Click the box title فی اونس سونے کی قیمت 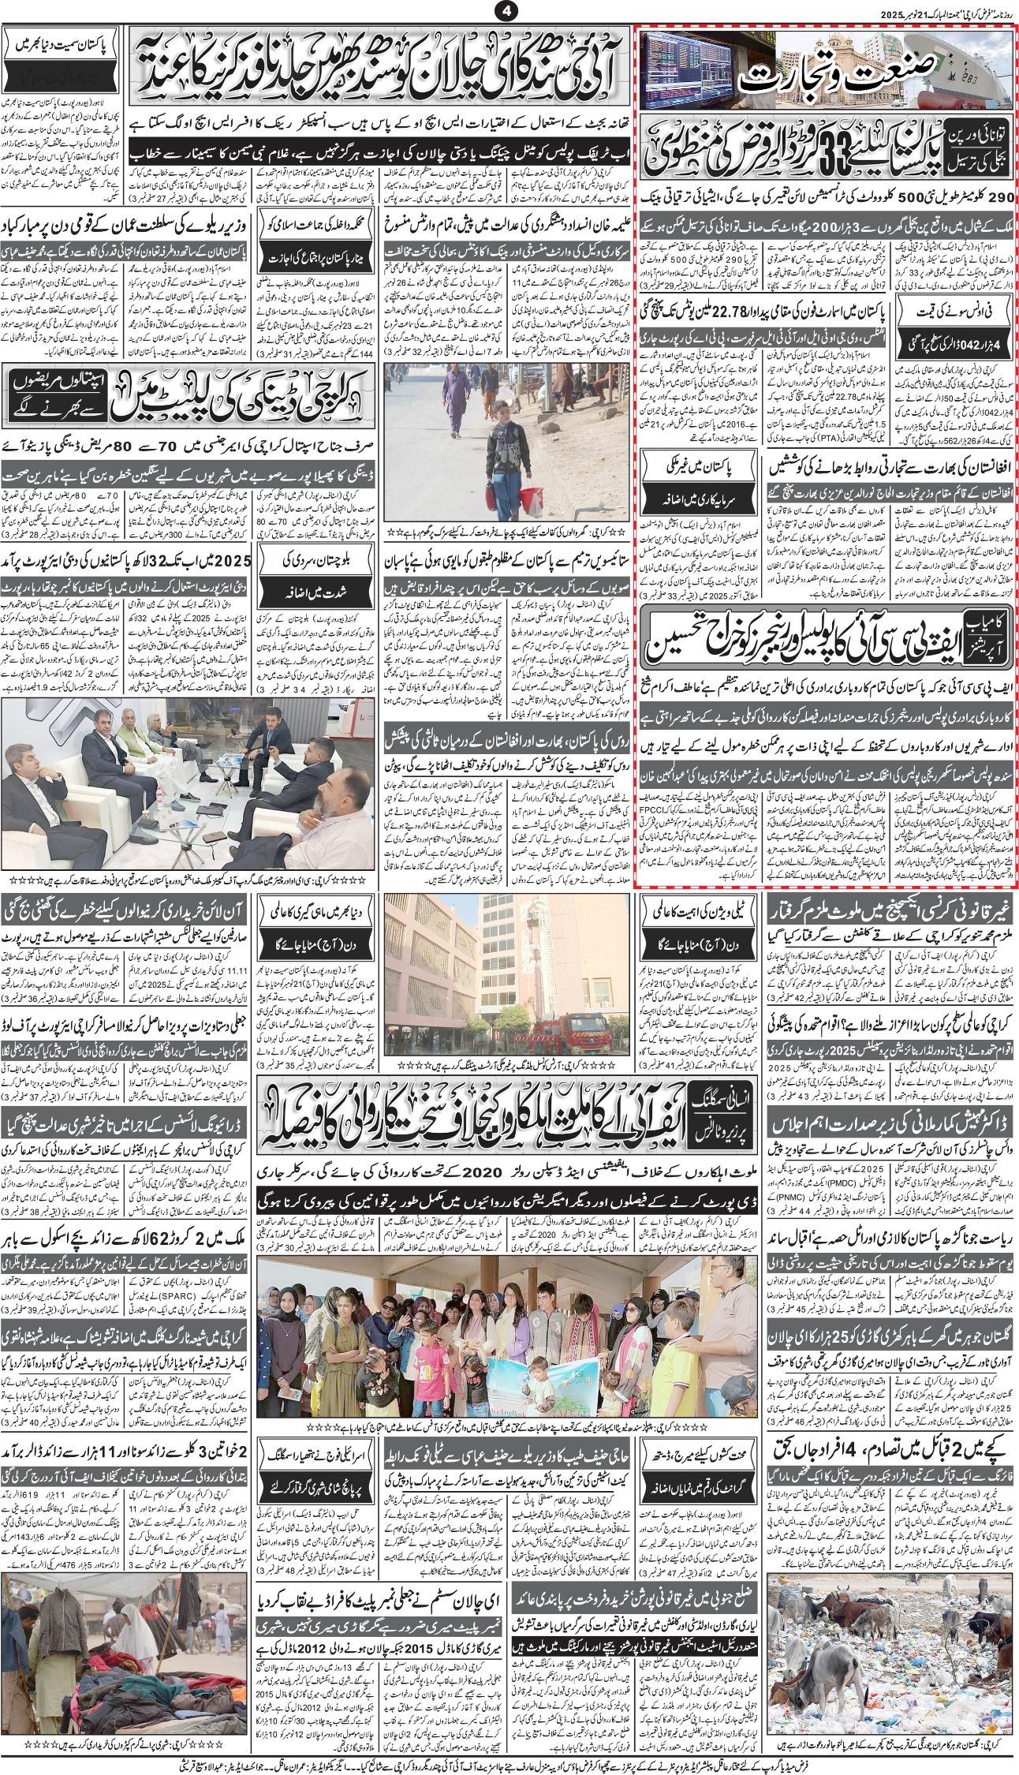(956, 312)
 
